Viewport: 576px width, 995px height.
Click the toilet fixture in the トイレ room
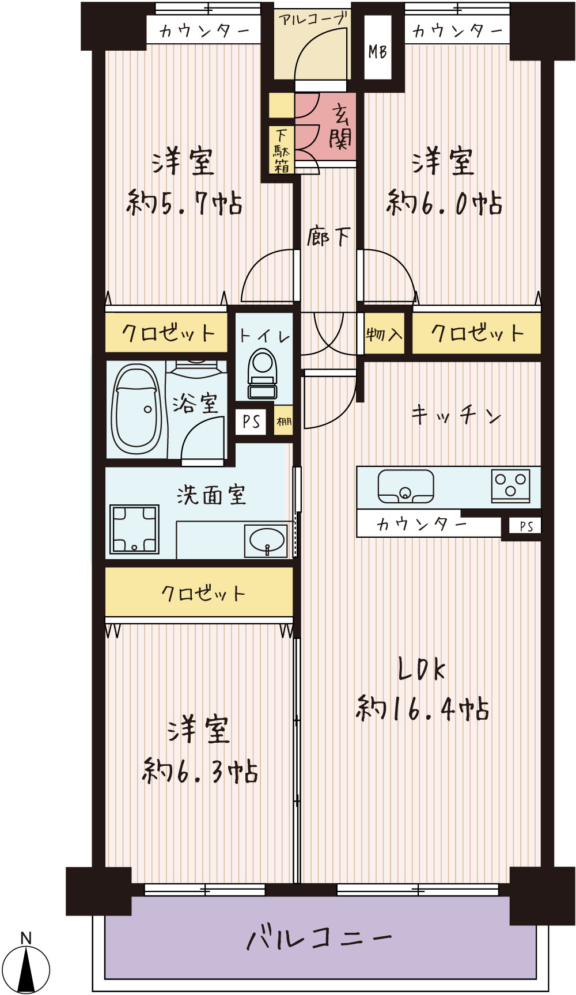[263, 374]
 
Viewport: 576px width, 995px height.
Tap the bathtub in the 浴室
[136, 409]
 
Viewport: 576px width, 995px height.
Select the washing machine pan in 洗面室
[135, 529]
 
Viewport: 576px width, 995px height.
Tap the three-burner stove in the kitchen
[510, 486]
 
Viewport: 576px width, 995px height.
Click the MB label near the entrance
[378, 52]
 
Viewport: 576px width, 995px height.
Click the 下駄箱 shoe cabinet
[282, 150]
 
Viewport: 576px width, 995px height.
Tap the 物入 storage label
[384, 333]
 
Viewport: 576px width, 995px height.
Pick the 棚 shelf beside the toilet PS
[284, 421]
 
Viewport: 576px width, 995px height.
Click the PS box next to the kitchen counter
[526, 526]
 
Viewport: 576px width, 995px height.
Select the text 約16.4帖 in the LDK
[423, 708]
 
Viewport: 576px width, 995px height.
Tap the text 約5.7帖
[184, 203]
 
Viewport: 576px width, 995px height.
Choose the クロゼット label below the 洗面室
[203, 593]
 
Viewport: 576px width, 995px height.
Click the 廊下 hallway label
[328, 236]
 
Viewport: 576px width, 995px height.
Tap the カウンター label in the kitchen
[422, 525]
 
